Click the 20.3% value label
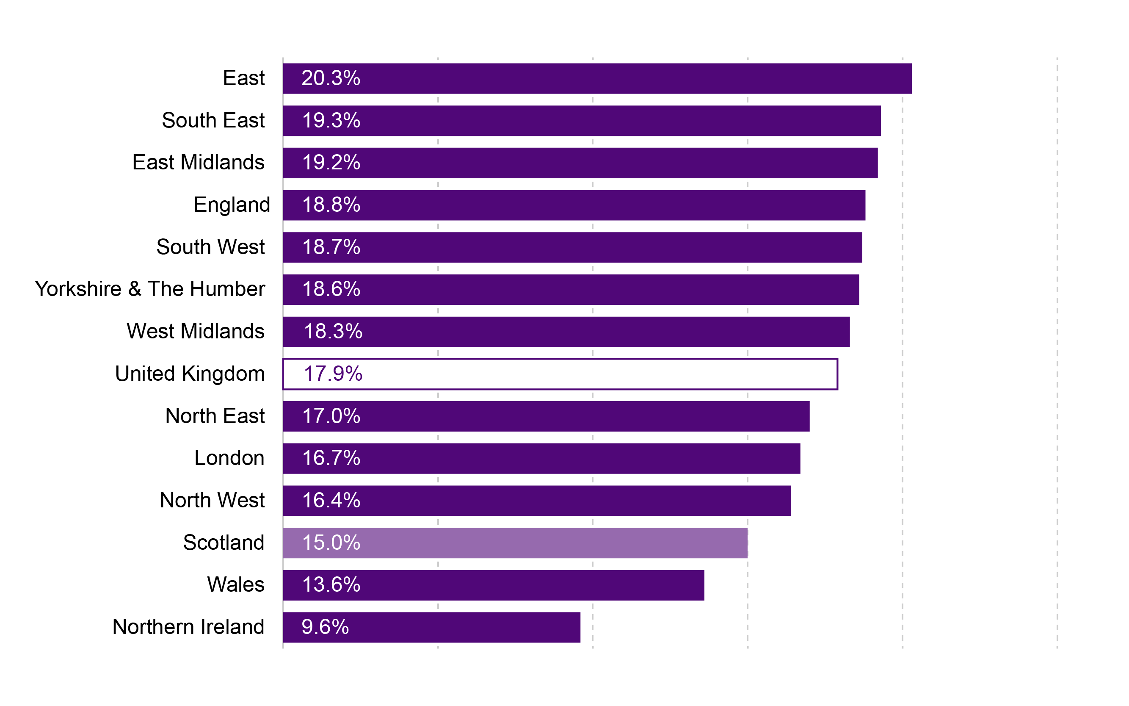(331, 78)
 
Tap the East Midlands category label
(199, 163)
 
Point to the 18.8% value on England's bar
(331, 205)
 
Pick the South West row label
(210, 247)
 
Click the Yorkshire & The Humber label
(150, 289)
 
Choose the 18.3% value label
(333, 332)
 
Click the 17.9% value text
(333, 374)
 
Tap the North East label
(215, 416)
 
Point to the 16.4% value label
(331, 501)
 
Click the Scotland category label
(224, 543)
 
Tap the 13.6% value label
(331, 584)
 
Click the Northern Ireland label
(188, 627)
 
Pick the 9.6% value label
(325, 627)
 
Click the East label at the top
(244, 78)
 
